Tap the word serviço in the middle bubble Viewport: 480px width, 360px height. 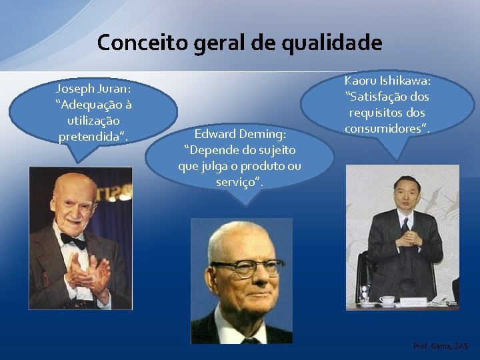coord(237,181)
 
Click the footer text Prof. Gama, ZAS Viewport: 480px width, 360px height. coord(441,347)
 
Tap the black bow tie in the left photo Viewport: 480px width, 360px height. coord(73,241)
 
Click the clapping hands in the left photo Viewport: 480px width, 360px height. coord(86,269)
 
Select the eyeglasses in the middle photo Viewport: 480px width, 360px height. coord(246,267)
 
